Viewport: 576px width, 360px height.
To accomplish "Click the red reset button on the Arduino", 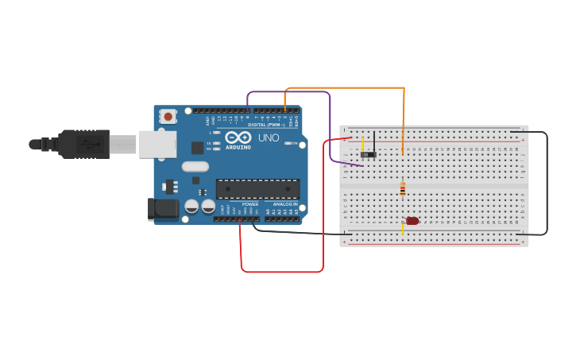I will pyautogui.click(x=168, y=117).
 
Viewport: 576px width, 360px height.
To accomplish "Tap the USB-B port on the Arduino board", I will pyautogui.click(x=157, y=144).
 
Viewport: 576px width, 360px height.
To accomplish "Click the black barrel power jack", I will pyautogui.click(x=164, y=209).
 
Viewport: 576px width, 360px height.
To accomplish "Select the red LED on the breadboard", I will pyautogui.click(x=412, y=221).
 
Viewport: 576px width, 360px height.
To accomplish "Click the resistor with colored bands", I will pyautogui.click(x=403, y=189).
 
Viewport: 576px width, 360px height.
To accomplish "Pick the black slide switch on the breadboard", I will pyautogui.click(x=369, y=154).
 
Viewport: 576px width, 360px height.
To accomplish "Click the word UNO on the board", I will pyautogui.click(x=269, y=137).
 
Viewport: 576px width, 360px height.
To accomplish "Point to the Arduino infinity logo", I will pyautogui.click(x=238, y=137).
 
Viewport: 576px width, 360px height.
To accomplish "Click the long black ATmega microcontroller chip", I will pyautogui.click(x=257, y=188).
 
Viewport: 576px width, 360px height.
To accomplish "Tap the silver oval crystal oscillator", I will pyautogui.click(x=195, y=167).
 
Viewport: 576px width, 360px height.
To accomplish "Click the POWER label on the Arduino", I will pyautogui.click(x=250, y=204).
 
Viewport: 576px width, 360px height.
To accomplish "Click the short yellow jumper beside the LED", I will pyautogui.click(x=403, y=229).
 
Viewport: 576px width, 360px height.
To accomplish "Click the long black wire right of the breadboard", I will pyautogui.click(x=547, y=183).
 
